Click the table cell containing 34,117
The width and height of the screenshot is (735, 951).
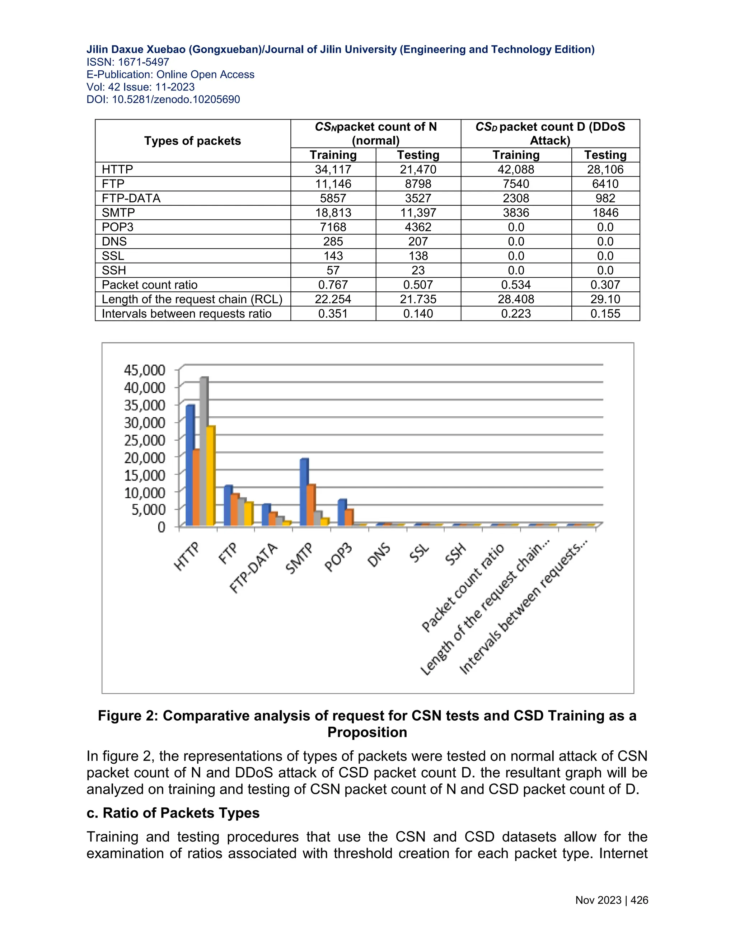click(333, 169)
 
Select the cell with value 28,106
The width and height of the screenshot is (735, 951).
click(605, 169)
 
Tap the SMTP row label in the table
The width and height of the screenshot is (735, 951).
click(118, 212)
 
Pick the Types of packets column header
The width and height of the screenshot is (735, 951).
click(192, 141)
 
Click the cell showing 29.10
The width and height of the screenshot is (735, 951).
click(605, 299)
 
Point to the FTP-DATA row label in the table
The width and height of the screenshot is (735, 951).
click(131, 198)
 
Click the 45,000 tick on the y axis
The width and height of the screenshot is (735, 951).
click(145, 370)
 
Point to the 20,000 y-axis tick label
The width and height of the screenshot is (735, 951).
click(145, 457)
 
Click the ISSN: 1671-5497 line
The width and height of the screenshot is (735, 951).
click(127, 62)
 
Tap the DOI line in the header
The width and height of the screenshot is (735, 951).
click(163, 100)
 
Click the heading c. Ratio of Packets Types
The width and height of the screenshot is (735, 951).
click(173, 813)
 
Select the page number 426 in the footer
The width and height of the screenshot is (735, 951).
click(639, 900)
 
